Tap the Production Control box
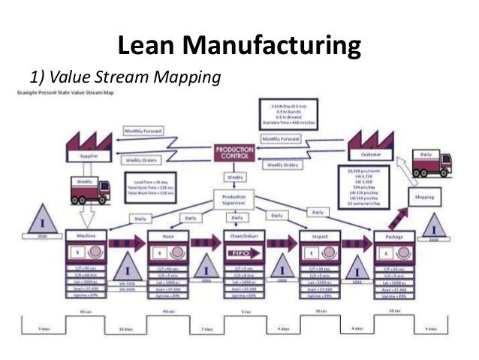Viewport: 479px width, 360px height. point(235,153)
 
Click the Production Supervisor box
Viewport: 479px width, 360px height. point(235,199)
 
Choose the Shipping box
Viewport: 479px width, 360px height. point(426,199)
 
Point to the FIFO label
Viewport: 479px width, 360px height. point(236,254)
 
